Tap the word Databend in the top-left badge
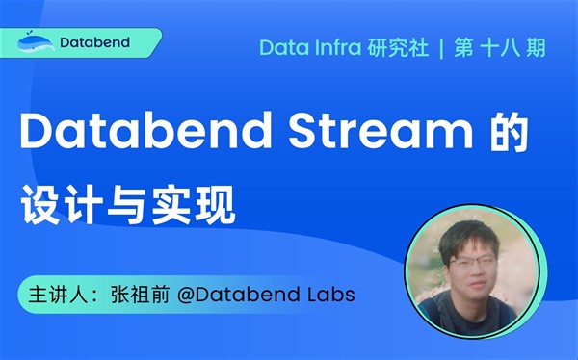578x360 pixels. (94, 43)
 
